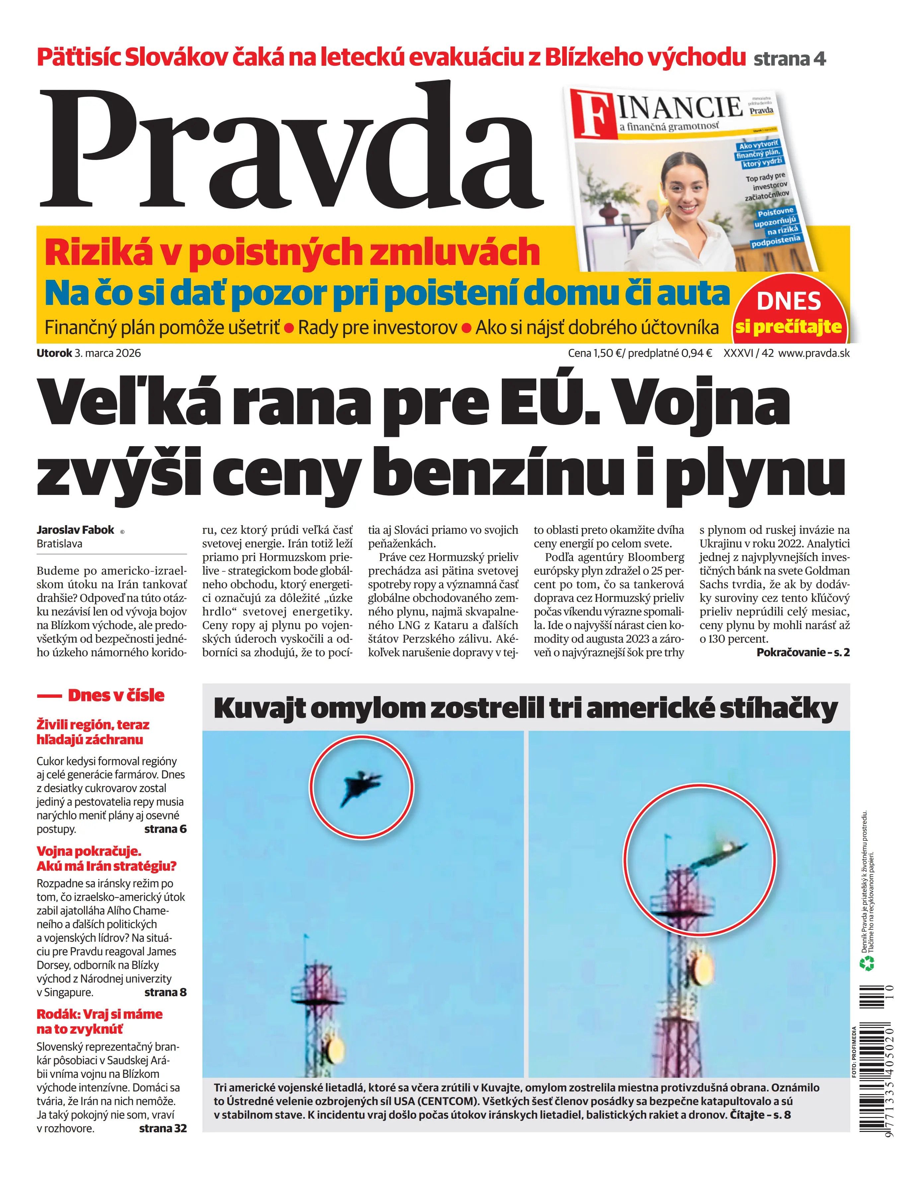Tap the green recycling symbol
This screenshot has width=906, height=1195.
(x=867, y=963)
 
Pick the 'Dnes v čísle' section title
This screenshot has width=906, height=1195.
(x=115, y=695)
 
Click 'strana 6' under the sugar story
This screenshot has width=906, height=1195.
(x=165, y=829)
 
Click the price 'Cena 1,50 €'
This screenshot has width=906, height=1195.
(x=594, y=353)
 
